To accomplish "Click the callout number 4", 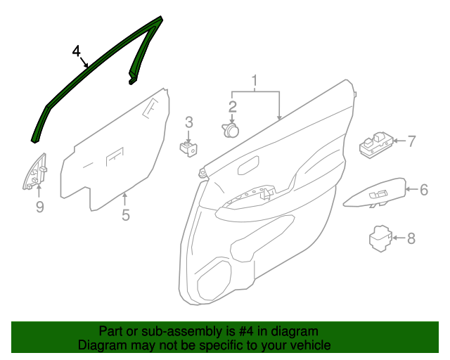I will point(77,51).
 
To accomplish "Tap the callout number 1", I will point(255,80).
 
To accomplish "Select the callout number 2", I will point(232,106).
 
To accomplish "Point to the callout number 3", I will point(188,122).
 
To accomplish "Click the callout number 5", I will point(125,215).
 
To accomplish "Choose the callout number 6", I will point(424,188).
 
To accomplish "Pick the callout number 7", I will point(412,141).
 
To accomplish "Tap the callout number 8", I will point(411,238).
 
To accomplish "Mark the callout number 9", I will point(39,206).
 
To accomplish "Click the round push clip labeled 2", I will point(231,131).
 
